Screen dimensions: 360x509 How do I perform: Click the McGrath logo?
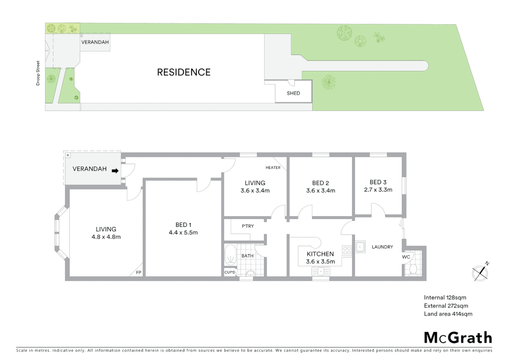[458, 338]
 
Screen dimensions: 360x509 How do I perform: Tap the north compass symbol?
[480, 273]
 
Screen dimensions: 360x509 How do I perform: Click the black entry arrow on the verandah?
[115, 171]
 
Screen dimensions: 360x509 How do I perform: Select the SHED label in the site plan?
[293, 93]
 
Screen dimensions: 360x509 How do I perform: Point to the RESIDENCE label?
[184, 72]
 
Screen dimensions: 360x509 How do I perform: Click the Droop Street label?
[38, 73]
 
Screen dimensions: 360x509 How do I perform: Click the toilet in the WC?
[413, 269]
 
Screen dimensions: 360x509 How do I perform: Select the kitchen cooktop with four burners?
[347, 250]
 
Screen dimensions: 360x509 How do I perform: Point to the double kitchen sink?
[320, 272]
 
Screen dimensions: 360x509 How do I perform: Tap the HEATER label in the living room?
[273, 168]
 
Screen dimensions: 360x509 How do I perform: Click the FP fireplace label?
[139, 273]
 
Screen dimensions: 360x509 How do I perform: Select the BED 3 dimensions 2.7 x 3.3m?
[378, 190]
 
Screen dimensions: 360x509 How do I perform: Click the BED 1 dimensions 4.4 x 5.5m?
[183, 233]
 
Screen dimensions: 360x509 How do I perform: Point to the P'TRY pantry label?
[248, 226]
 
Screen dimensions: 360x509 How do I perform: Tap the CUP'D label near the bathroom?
[230, 272]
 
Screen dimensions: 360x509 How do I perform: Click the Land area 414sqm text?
[448, 314]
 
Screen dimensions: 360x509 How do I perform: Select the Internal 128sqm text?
[445, 297]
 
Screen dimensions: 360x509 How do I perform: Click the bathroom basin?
[251, 274]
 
